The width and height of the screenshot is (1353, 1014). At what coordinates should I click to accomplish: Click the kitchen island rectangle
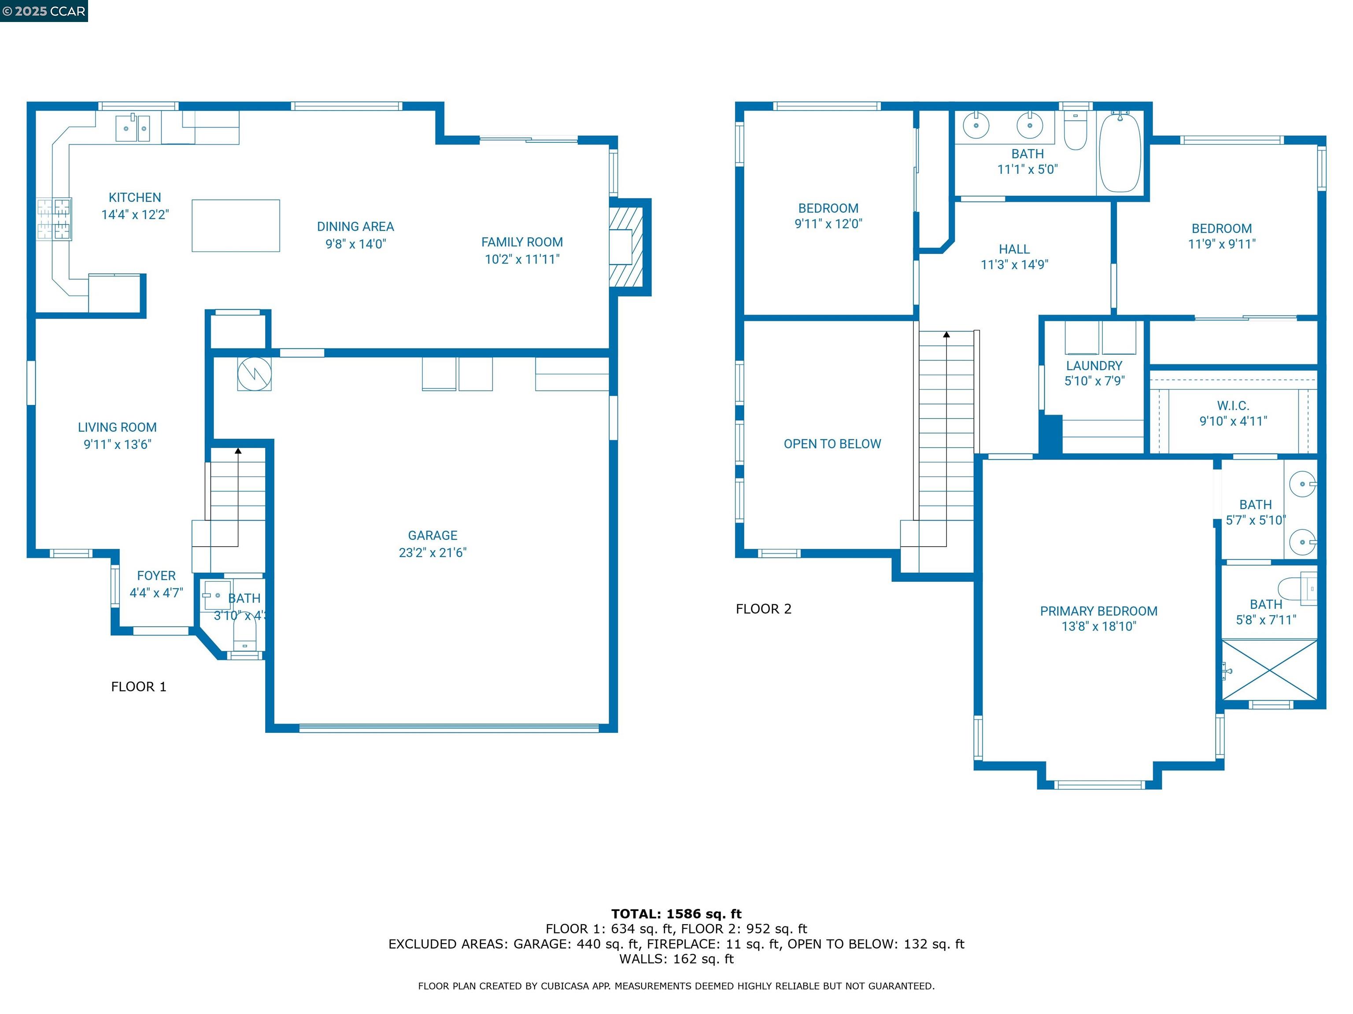pos(236,225)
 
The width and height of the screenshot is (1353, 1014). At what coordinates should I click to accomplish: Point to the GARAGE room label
pos(433,536)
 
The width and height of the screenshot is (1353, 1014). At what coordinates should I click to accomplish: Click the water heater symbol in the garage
pos(255,374)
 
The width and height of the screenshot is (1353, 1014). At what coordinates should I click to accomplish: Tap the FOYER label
pos(156,576)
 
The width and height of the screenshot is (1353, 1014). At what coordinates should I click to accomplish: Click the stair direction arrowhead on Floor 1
pos(238,451)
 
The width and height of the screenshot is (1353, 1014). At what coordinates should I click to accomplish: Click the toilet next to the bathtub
pos(1075,131)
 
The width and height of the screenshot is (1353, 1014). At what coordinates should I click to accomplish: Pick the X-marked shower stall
pos(1270,670)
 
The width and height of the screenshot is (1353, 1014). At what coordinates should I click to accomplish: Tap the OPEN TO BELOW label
pos(832,444)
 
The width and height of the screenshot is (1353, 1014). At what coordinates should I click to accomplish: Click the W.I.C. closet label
pos(1232,406)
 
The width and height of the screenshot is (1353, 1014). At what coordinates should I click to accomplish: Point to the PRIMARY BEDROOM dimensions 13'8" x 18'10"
pos(1098,627)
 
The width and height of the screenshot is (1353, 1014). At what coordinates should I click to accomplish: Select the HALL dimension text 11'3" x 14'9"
pos(1014,265)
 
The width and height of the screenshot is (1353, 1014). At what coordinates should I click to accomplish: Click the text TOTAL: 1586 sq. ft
pos(676,914)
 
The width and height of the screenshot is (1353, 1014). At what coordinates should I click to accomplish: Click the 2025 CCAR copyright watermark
pos(44,11)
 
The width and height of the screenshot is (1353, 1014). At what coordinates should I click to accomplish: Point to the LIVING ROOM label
pos(117,427)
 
